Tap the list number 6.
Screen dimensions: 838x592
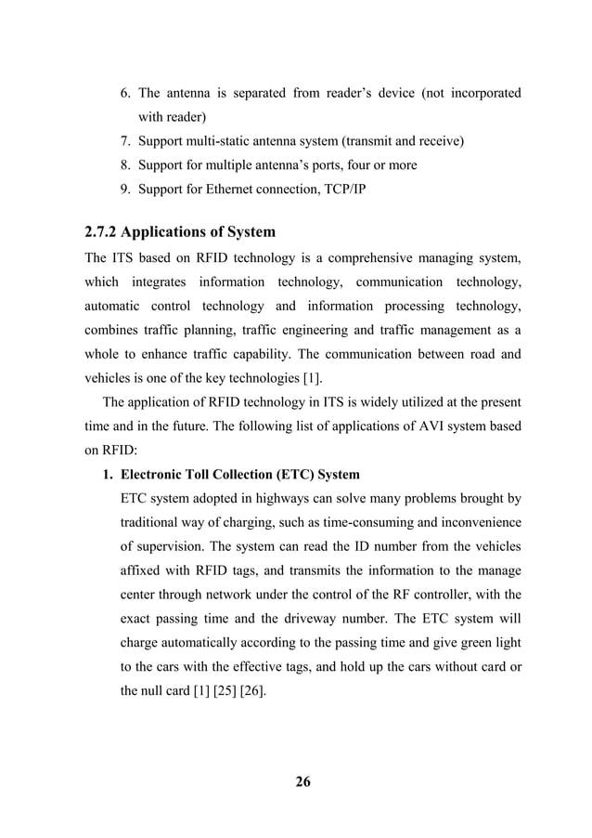125,94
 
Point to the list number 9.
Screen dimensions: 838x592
125,189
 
